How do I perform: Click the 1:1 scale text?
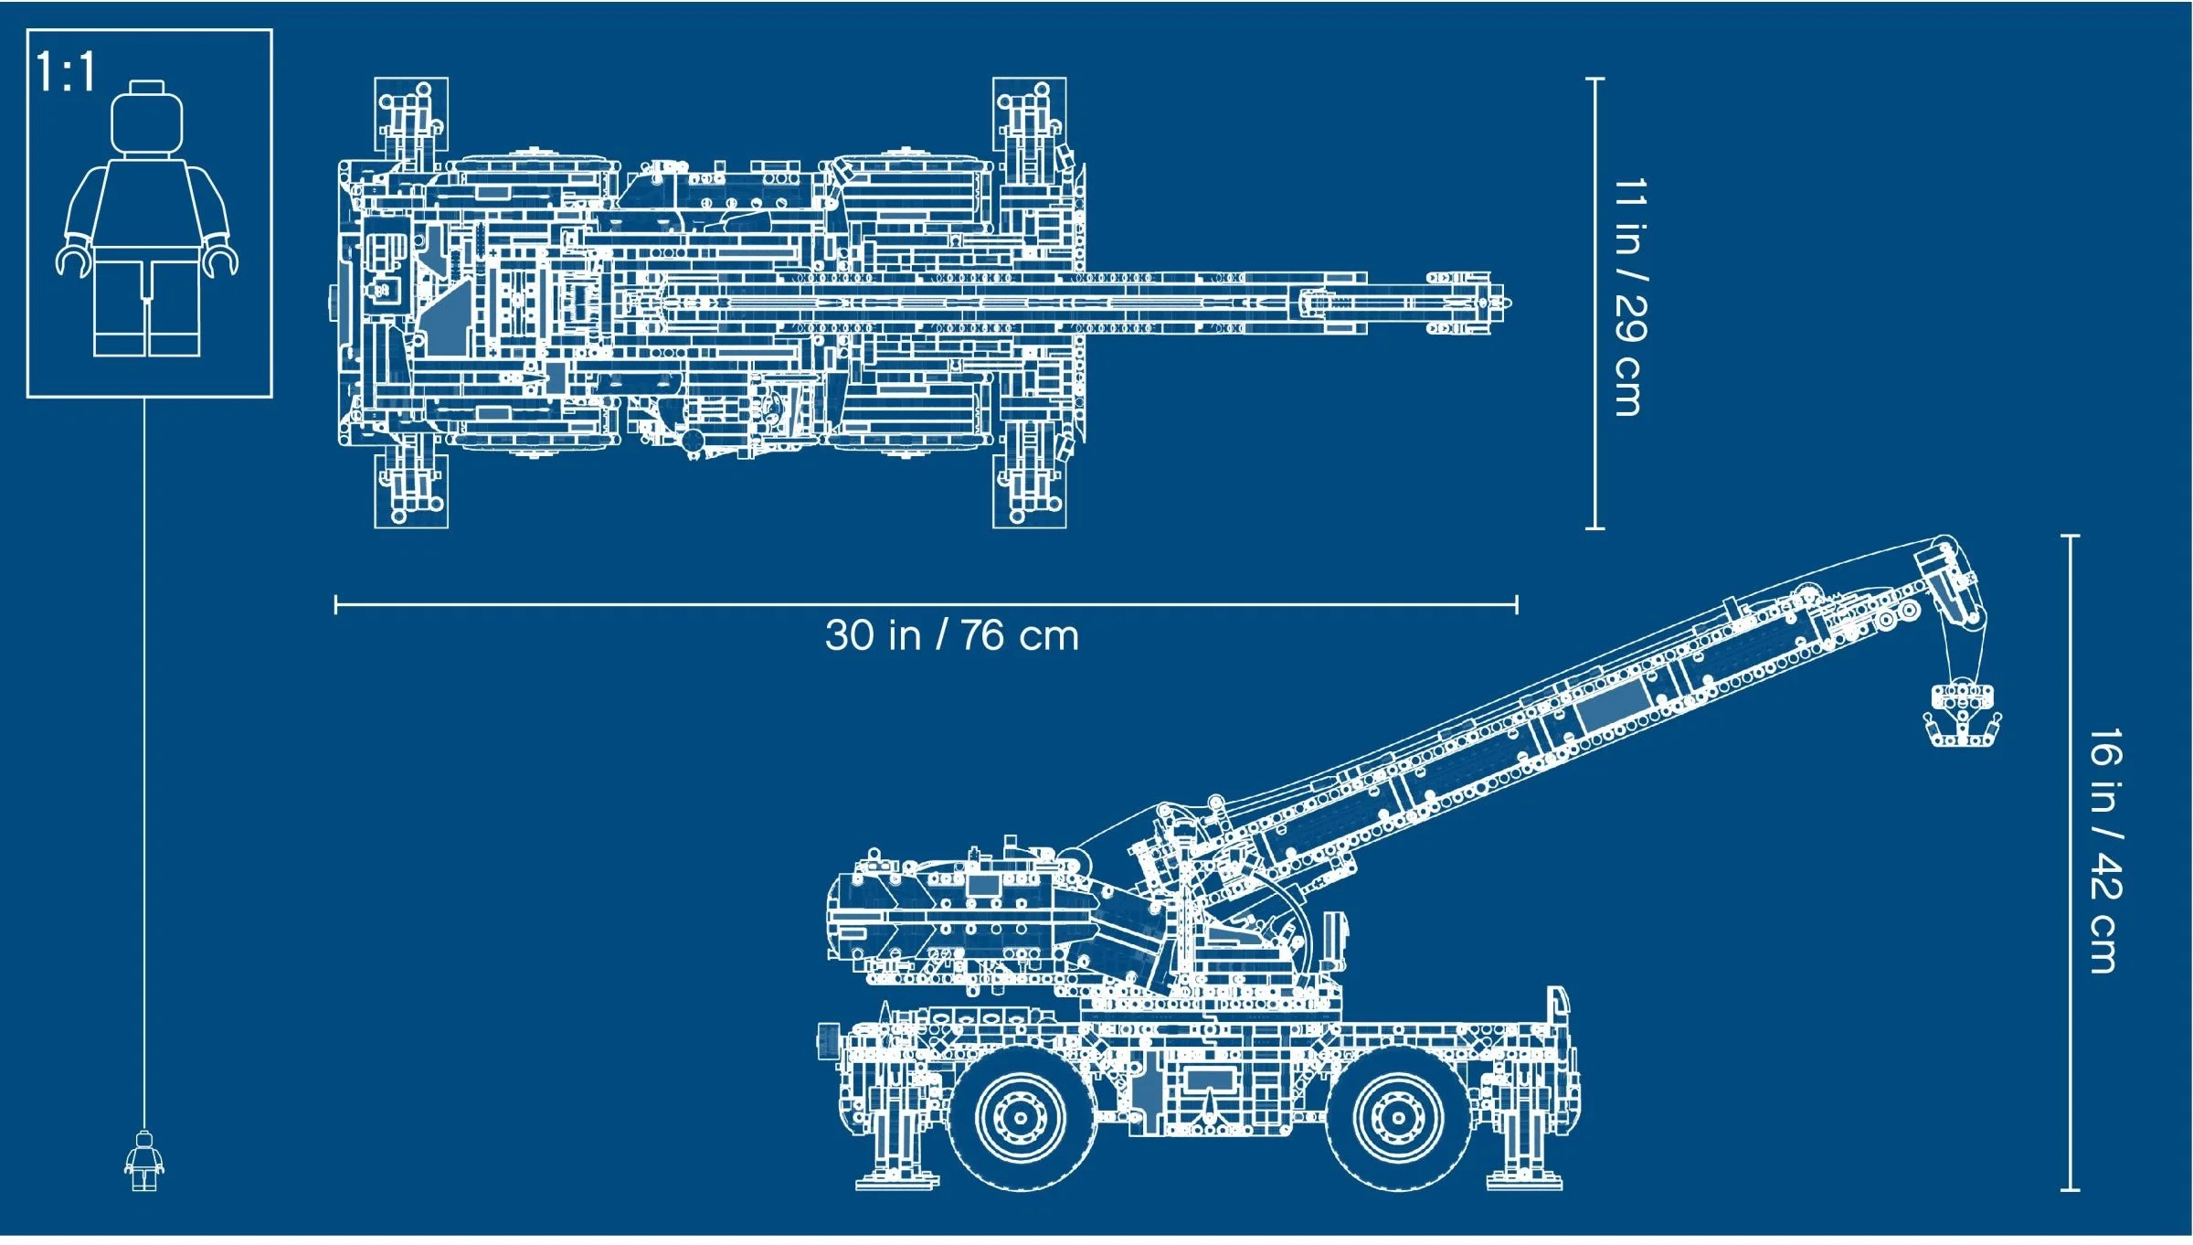[66, 72]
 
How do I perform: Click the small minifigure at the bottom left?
[144, 1161]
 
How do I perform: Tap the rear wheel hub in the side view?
[1020, 1117]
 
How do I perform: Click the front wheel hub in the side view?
[1397, 1117]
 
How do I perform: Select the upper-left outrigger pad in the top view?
[411, 114]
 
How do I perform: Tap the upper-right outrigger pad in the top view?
[1030, 114]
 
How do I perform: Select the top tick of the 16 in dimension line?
[2071, 536]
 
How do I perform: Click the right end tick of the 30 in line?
[1517, 604]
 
